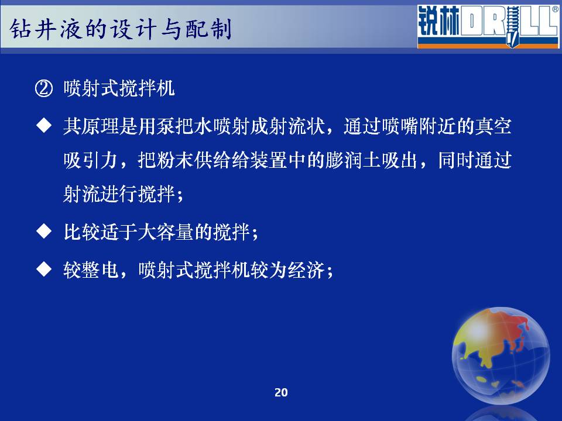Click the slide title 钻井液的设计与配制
tap(121, 29)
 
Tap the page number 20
tap(281, 393)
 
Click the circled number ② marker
tap(44, 88)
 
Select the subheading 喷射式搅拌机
tap(119, 88)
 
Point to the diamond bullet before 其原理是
tap(44, 126)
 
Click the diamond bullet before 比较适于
tap(44, 232)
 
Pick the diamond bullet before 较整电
tap(44, 269)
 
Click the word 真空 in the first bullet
tap(493, 126)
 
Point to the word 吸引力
tap(91, 160)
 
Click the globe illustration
tap(501, 355)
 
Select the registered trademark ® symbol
tap(555, 9)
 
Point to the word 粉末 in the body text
tap(176, 160)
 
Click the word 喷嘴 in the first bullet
tap(400, 126)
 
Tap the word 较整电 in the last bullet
tap(91, 269)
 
